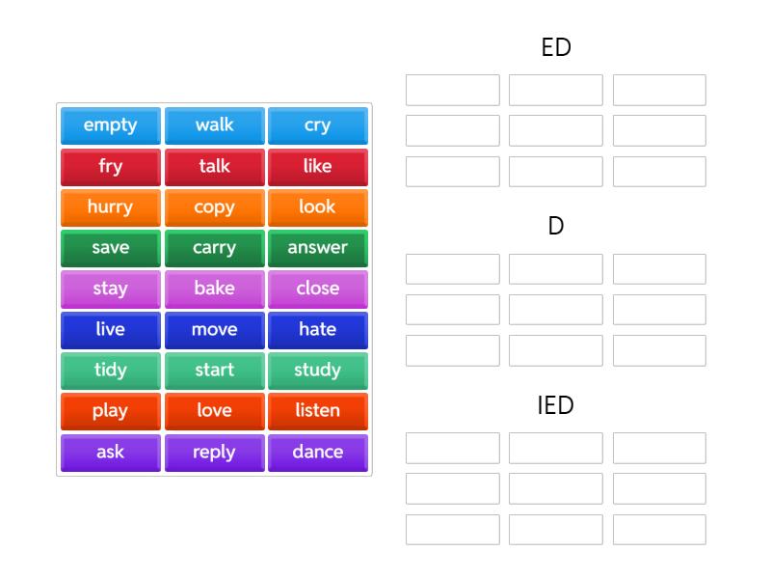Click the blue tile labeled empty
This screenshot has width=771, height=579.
tap(111, 125)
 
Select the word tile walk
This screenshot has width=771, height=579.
tap(214, 125)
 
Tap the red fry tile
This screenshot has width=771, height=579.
tap(111, 166)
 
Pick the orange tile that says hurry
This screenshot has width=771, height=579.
tap(111, 207)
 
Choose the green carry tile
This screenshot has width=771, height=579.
tap(214, 248)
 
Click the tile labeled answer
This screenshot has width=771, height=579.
tap(317, 248)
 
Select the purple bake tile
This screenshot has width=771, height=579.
tap(214, 289)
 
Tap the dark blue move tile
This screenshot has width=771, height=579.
tap(214, 330)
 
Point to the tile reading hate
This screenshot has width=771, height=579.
tap(317, 330)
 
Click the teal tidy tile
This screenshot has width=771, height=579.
tap(111, 371)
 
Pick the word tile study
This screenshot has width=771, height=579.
tap(317, 371)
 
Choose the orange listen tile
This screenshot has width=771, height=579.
tap(317, 411)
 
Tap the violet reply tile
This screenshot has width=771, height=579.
tap(214, 453)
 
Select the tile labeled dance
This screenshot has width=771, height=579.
tap(317, 453)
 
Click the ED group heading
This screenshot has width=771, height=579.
tap(556, 47)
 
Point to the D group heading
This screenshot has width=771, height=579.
tap(556, 227)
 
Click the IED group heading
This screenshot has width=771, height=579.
tap(556, 405)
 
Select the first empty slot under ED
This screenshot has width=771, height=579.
tap(453, 90)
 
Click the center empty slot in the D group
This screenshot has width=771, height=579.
tap(556, 310)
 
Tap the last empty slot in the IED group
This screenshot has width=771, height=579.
tap(659, 530)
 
